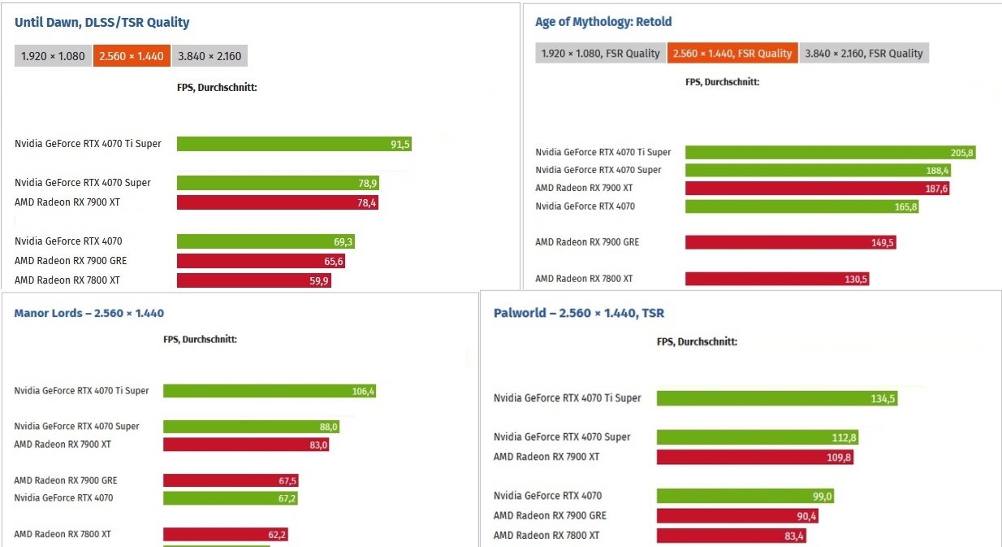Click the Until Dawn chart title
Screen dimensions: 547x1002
(102, 23)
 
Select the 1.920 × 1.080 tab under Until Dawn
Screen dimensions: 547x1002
(53, 57)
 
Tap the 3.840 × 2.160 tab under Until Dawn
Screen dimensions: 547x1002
(210, 57)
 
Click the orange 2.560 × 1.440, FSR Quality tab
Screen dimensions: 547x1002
(732, 54)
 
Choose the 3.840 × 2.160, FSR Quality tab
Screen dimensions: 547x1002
(864, 54)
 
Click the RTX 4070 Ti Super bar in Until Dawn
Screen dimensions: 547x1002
(294, 144)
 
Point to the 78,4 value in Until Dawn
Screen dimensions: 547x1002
(367, 202)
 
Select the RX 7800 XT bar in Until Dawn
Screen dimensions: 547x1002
(253, 280)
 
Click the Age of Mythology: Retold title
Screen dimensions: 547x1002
(603, 22)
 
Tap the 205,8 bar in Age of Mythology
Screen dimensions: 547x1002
(830, 153)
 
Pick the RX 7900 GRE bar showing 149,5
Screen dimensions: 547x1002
(790, 242)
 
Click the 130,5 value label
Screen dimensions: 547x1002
(856, 279)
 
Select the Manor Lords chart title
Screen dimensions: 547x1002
(89, 313)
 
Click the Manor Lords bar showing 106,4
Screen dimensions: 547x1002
(269, 391)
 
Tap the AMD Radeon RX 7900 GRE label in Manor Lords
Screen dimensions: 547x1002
(66, 480)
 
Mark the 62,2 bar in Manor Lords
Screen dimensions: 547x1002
(226, 535)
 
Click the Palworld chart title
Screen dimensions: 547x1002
(579, 313)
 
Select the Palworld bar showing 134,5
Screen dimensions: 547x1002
(776, 398)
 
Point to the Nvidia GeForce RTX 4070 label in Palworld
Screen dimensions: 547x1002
(548, 496)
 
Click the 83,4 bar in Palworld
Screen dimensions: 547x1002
(731, 536)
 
